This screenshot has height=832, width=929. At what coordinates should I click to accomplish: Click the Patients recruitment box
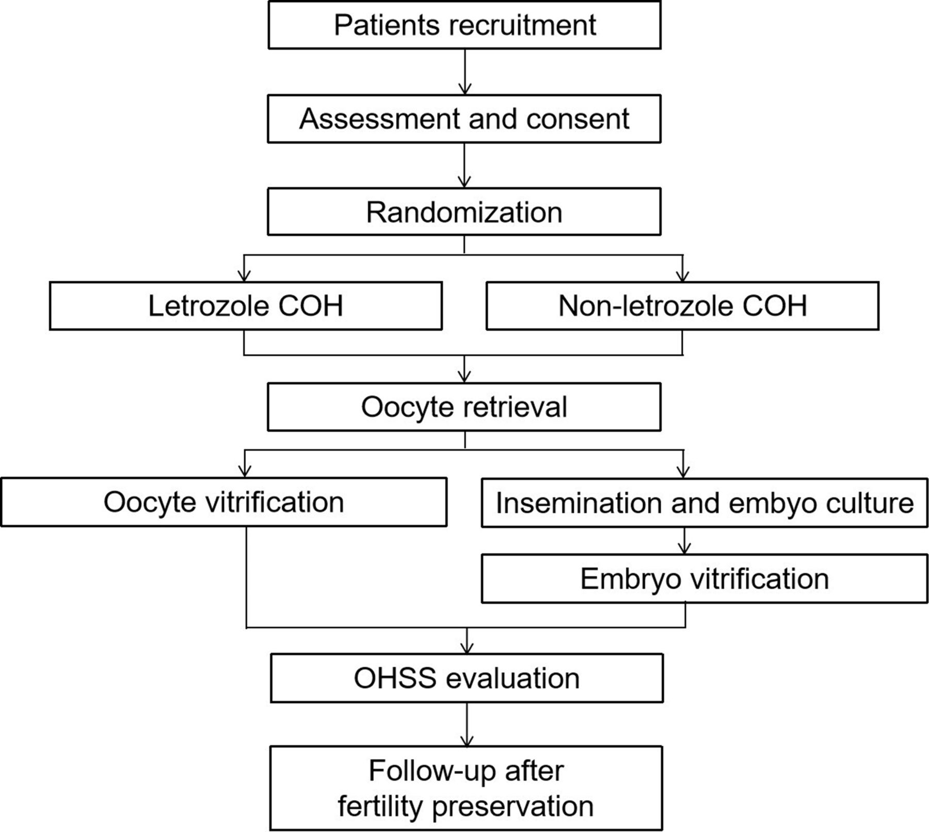pos(464,25)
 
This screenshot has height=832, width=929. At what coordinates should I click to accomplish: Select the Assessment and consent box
pos(464,119)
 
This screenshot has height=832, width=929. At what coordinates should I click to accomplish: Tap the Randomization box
pos(464,212)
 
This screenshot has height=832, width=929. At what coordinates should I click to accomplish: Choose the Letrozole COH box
pos(246,306)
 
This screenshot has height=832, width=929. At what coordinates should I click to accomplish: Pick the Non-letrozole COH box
pos(682,306)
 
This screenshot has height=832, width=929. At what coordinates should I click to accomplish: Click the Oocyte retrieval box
pos(464,407)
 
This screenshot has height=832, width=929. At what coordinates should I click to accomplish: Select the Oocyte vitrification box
pos(224,502)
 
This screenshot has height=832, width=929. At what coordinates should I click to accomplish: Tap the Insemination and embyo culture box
pos(704,503)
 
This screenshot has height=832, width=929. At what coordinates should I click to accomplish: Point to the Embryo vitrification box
pos(704,579)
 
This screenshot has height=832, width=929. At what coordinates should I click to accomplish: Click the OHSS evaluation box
pos(467,678)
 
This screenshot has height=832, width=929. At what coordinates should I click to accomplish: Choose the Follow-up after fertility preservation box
pos(466,788)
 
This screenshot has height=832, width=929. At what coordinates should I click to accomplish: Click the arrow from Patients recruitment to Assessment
pos(465,72)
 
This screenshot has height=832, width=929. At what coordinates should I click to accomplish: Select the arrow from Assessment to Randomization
pos(464,165)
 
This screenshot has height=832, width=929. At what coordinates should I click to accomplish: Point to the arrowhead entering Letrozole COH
pos(244,276)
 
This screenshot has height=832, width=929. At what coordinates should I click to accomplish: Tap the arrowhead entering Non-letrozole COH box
pos(683,276)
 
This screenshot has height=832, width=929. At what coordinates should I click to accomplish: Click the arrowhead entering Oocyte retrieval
pos(464,376)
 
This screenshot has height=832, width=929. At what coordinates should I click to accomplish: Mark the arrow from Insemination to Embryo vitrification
pos(684,541)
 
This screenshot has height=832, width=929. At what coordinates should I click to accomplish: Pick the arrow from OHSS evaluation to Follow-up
pos(467,725)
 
